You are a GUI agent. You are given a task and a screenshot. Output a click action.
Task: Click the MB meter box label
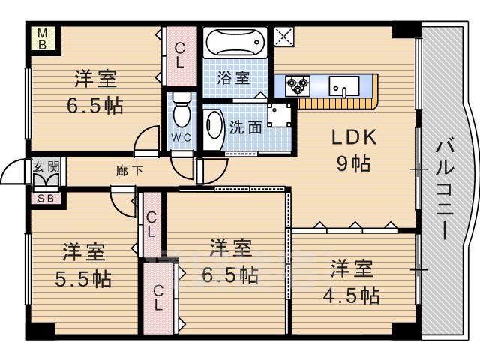pyautogui.click(x=42, y=38)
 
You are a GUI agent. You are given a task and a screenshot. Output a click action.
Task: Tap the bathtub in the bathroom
pyautogui.click(x=235, y=42)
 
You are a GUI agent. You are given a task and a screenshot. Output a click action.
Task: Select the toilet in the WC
pyautogui.click(x=181, y=109)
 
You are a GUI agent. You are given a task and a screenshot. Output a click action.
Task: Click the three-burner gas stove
pyautogui.click(x=297, y=85)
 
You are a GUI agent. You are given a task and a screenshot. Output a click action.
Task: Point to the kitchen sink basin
pyautogui.click(x=344, y=85)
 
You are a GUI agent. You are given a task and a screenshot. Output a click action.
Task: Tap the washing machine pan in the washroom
pyautogui.click(x=280, y=115)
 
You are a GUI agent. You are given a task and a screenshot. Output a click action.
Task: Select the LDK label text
pyautogui.click(x=354, y=137)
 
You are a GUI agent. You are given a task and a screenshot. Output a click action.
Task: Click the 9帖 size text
pyautogui.click(x=353, y=163)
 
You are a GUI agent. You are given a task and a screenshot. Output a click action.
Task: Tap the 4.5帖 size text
pyautogui.click(x=352, y=295)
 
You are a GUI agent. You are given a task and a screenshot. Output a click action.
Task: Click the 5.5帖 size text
pyautogui.click(x=83, y=279)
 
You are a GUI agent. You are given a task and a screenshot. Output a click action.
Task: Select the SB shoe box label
pyautogui.click(x=46, y=199)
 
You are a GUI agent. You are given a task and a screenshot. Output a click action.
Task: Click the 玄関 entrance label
pyautogui.click(x=46, y=166)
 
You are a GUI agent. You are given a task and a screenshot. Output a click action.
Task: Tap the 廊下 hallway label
pyautogui.click(x=129, y=171)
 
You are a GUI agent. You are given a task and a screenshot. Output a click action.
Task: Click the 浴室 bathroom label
pyautogui.click(x=233, y=78)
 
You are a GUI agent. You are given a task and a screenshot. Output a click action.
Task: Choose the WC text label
pyautogui.click(x=181, y=138)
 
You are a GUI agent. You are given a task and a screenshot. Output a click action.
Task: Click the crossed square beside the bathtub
pyautogui.click(x=283, y=37)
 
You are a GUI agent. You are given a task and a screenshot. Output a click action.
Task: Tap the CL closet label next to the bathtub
pyautogui.click(x=180, y=55)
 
